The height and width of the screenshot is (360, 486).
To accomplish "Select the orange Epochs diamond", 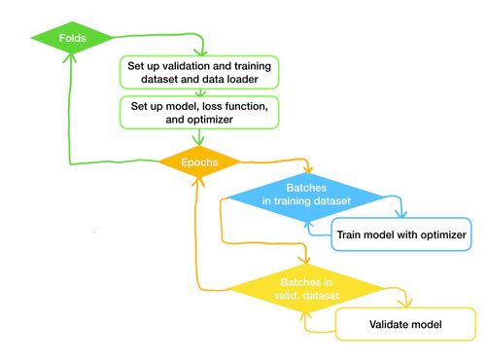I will [x=198, y=161].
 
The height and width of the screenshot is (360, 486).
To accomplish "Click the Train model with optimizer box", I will [x=400, y=234].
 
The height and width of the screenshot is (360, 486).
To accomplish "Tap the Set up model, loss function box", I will [x=198, y=110].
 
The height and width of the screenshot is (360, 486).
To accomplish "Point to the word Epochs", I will [x=198, y=161].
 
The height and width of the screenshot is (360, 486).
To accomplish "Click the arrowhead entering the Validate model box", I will [x=399, y=305].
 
